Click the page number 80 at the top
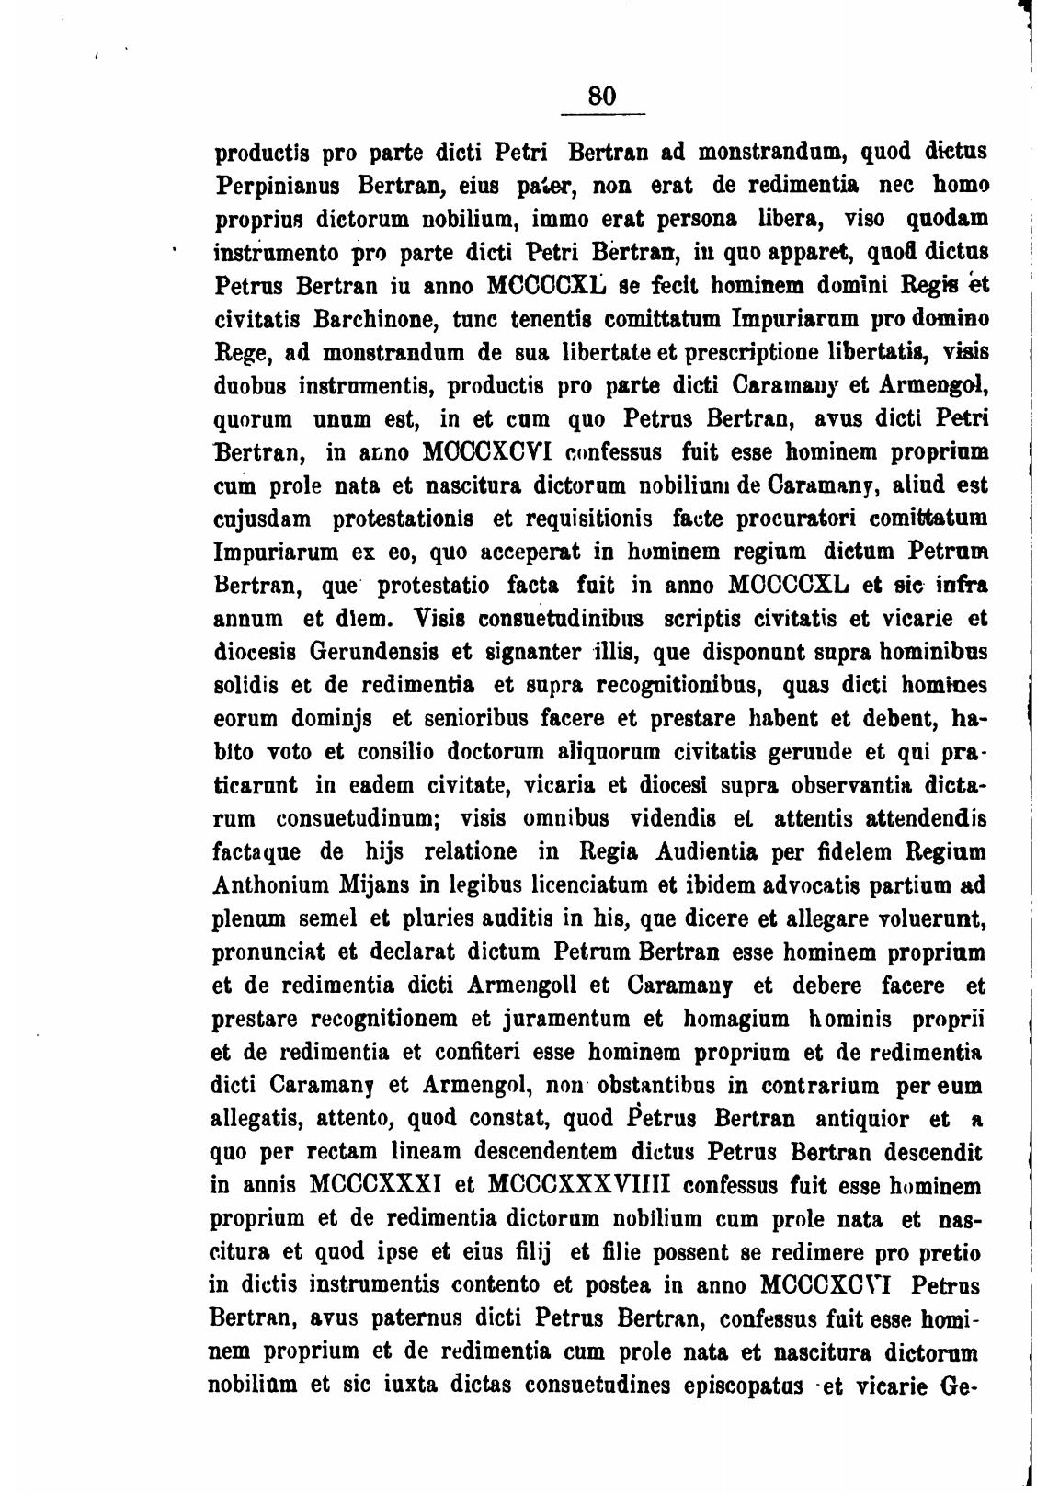(x=603, y=96)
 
